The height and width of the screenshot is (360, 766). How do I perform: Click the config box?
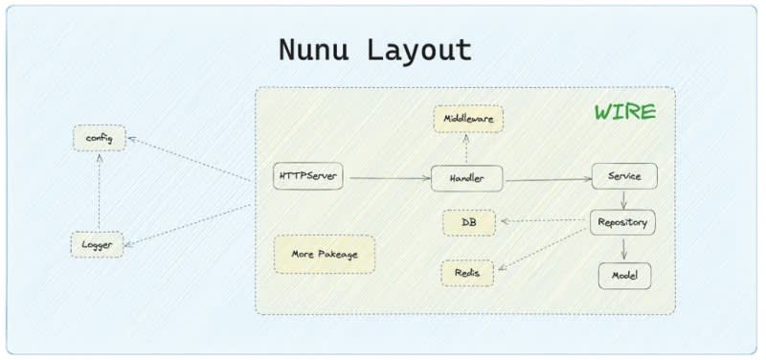point(100,138)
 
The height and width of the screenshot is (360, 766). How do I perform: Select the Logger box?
point(97,245)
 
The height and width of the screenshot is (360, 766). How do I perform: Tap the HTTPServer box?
point(308,176)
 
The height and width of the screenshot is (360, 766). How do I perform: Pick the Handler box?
point(467,178)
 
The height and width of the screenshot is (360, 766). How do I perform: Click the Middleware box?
point(468,119)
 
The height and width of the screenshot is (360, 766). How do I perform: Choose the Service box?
point(624,176)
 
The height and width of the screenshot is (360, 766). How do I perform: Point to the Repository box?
point(622,223)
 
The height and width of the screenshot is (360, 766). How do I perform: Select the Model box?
point(625,276)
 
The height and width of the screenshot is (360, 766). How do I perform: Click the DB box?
point(469,223)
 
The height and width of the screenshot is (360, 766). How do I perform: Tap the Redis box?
point(467,273)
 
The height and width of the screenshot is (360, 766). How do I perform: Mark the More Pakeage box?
point(325,255)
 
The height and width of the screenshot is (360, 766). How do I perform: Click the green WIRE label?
point(625,112)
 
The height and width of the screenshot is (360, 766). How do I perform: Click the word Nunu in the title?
point(313,50)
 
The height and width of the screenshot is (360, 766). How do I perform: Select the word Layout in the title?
point(419,51)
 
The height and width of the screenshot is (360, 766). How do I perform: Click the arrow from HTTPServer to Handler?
point(390,178)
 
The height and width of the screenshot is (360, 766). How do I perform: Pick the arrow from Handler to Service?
point(549,180)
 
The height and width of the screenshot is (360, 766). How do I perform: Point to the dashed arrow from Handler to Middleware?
point(466,149)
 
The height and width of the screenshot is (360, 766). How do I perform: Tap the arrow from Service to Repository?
point(623,200)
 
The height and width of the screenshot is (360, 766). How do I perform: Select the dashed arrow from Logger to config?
point(100,191)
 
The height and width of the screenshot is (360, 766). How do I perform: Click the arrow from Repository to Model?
point(624,249)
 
